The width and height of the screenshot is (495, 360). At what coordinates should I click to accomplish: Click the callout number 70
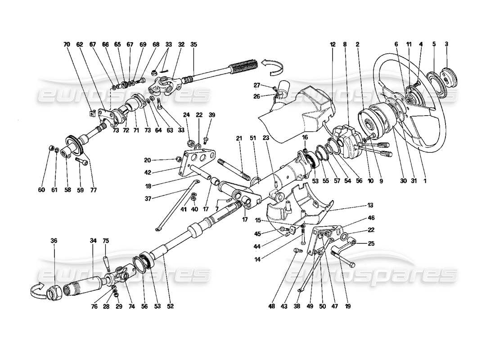(67, 45)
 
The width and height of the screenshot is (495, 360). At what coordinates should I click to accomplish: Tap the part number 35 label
(194, 45)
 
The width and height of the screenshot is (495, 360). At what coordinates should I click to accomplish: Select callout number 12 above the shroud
(333, 45)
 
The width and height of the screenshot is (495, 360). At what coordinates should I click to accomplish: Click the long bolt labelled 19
(344, 257)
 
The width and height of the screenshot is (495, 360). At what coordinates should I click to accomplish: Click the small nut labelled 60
(51, 148)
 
